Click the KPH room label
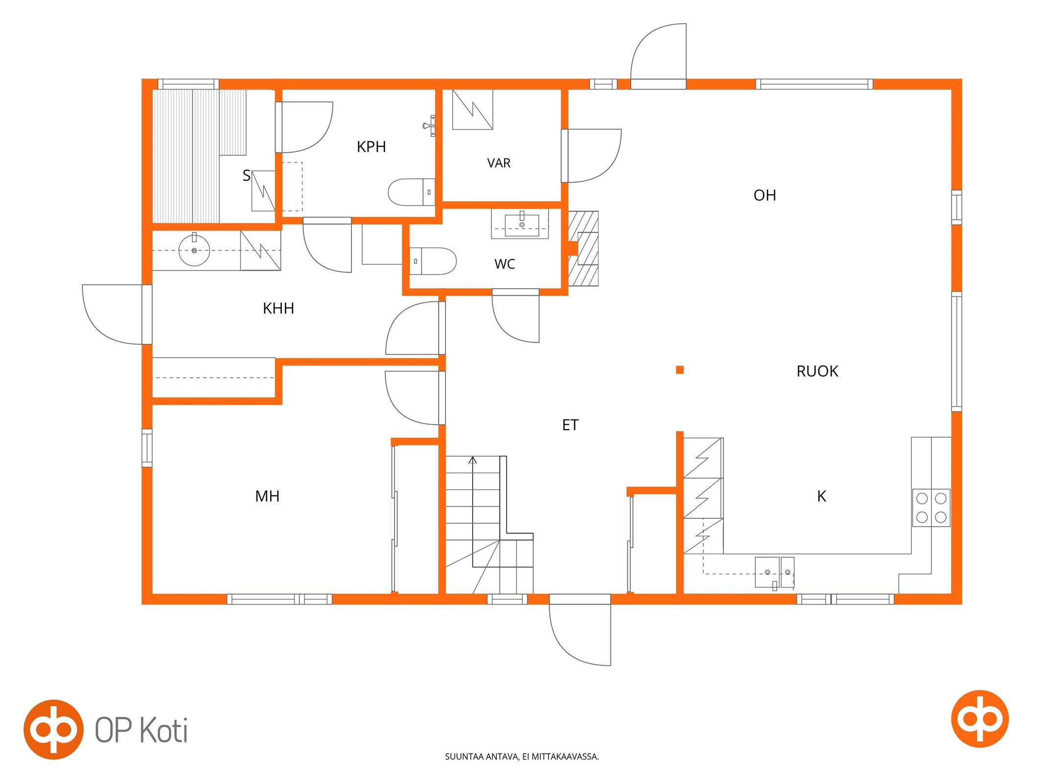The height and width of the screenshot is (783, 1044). [x=371, y=146]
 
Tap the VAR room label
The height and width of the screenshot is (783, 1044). [x=498, y=163]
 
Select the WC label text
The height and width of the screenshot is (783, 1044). [x=504, y=264]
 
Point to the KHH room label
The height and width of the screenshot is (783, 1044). [x=278, y=308]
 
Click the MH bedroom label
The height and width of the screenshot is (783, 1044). [x=267, y=496]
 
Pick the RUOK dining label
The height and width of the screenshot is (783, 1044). [x=817, y=371]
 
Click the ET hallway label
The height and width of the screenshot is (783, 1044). [x=570, y=425]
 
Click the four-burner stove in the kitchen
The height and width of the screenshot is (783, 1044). [x=930, y=507]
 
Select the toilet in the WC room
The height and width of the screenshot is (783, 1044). [x=432, y=261]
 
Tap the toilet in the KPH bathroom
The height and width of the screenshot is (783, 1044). [x=411, y=192]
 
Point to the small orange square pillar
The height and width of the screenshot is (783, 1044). [x=679, y=370]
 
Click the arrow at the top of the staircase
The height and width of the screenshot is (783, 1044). [x=472, y=460]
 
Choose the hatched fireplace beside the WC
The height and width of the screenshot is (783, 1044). [x=583, y=249]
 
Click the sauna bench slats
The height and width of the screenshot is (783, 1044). [x=199, y=156]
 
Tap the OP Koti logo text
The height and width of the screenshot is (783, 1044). [x=141, y=730]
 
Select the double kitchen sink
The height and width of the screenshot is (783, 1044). [x=774, y=572]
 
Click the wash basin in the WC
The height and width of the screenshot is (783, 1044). [x=520, y=224]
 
